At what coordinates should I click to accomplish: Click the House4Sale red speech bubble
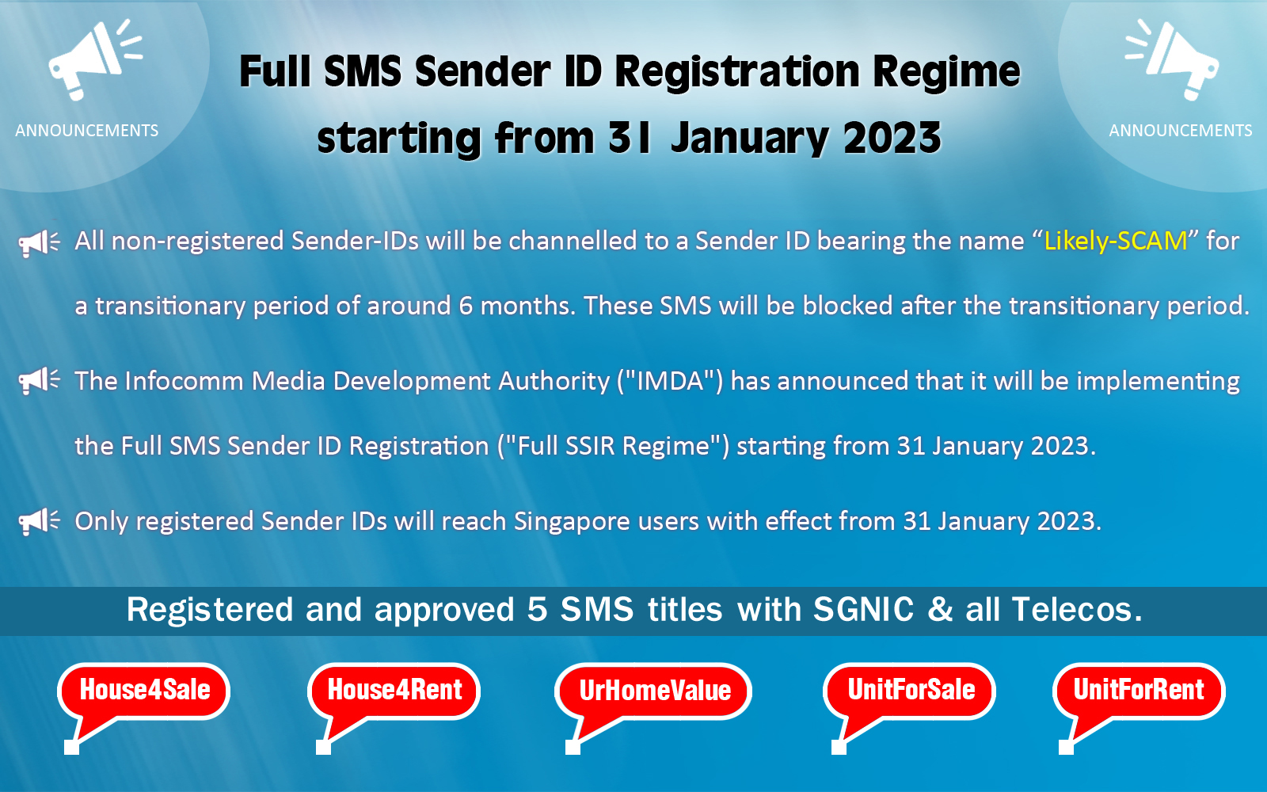[144, 691]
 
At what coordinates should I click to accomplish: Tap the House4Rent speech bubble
[394, 691]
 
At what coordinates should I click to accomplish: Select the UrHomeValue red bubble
[654, 691]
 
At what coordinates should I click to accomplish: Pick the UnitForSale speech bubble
[911, 691]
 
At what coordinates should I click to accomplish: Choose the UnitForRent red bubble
[1139, 691]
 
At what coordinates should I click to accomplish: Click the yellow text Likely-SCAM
[1115, 241]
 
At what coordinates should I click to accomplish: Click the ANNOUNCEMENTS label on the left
[87, 131]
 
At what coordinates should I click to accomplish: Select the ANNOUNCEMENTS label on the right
[1181, 131]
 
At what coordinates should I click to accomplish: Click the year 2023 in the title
[892, 139]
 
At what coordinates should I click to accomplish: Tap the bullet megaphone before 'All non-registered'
[39, 242]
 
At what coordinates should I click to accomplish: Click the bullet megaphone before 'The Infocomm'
[39, 382]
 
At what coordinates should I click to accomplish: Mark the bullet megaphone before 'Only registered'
[39, 522]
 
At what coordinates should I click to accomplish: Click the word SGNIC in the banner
[863, 610]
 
